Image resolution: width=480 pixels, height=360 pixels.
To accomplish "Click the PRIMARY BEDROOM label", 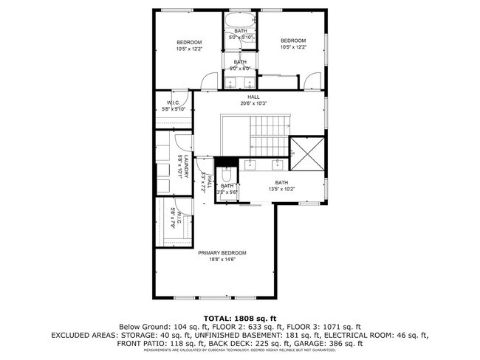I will tap(222, 253).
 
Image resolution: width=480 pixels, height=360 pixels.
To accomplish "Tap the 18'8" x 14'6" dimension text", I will tap(222, 260).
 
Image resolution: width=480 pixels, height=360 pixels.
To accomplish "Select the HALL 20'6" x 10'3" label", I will tap(254, 100).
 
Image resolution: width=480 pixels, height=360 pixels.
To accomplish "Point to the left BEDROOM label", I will tap(189, 42).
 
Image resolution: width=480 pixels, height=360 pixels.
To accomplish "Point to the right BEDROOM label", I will tap(293, 41).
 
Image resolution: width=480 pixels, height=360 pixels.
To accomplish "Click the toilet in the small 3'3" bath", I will tap(229, 175).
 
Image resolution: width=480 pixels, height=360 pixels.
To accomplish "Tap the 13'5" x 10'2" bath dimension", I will tap(281, 189).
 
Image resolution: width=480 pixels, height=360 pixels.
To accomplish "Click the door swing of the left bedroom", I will tap(211, 78).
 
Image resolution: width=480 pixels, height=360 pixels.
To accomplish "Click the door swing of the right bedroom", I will tap(314, 78).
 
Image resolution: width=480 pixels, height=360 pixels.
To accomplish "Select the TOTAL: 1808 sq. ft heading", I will tap(239, 317).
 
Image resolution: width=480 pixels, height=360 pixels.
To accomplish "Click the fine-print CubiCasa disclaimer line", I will tap(239, 351).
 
